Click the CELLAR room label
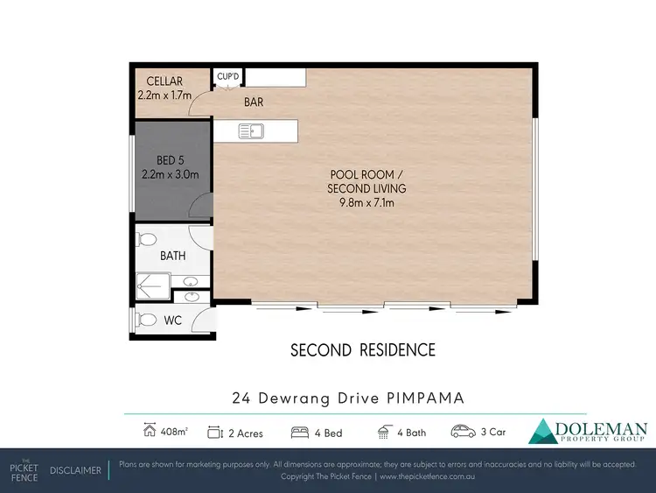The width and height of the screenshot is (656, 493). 164,81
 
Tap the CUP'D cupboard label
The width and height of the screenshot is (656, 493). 229,76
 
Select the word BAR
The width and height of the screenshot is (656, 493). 254,102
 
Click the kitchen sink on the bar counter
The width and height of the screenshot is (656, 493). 252,132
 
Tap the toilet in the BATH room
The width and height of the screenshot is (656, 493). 146,238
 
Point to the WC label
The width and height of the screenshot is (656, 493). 173,320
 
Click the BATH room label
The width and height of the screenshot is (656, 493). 172,257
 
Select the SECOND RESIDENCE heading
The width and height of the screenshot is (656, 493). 362,351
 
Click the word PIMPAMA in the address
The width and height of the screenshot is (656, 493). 423,398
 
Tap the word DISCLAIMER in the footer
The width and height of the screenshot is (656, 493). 75,471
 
